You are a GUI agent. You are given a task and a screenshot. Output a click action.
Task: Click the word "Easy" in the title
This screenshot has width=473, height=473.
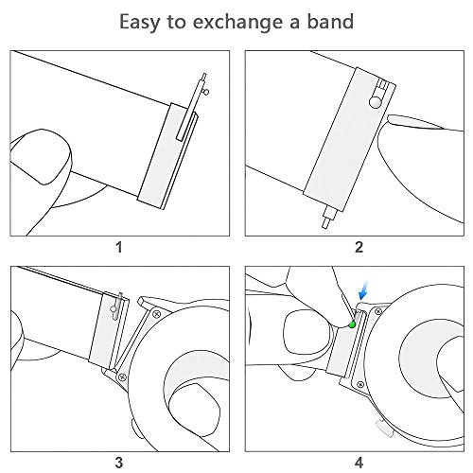tap(139, 23)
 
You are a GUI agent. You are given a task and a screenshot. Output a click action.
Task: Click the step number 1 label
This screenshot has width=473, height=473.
tap(119, 247)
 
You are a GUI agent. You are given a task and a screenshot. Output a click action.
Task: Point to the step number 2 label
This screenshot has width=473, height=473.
tap(359, 247)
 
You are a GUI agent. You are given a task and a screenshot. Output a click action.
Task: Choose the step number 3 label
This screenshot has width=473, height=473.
tap(119, 463)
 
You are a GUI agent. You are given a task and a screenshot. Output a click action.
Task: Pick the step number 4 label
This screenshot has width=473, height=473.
tap(359, 463)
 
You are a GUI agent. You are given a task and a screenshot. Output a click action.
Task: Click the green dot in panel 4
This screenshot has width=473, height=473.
tap(352, 324)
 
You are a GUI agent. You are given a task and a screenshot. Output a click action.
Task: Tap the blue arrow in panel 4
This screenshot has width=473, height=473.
tap(363, 290)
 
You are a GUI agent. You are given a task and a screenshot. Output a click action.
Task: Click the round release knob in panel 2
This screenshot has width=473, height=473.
tap(375, 102)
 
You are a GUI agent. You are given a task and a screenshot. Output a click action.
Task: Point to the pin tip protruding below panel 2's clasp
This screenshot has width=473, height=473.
tap(325, 223)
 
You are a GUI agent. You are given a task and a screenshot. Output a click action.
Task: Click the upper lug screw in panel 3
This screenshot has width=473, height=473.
tap(157, 314)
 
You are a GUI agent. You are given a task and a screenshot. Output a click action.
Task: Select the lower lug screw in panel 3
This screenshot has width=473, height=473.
tap(122, 377)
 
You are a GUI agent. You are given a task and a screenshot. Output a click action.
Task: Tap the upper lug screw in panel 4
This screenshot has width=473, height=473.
tap(378, 312)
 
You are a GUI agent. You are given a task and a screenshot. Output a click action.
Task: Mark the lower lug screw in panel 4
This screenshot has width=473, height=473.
tap(361, 384)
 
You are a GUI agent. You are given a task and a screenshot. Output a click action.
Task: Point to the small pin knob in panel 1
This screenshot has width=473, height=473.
tap(206, 92)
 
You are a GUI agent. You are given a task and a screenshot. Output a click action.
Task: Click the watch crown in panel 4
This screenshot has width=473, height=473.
tap(385, 428)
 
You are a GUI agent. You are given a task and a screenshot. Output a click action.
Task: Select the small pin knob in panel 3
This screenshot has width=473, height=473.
tap(114, 309)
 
